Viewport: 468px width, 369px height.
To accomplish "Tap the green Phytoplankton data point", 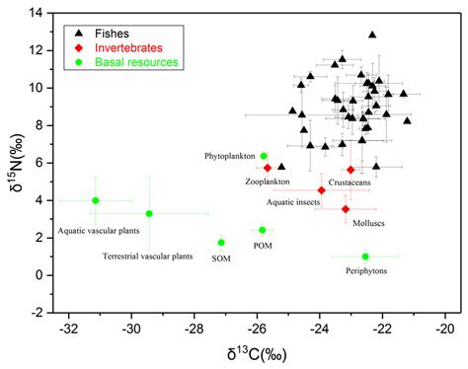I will [264, 156].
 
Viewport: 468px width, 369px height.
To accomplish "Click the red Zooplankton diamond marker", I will [268, 168].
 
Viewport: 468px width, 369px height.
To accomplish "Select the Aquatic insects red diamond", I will [321, 190].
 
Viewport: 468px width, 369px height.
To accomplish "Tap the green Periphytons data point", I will [365, 257].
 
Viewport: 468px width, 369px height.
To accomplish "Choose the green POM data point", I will [263, 230].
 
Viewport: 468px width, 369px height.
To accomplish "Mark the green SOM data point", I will [221, 243].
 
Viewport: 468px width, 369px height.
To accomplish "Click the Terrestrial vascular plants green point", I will [149, 213].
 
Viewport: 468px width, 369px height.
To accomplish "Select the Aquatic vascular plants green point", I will [95, 200].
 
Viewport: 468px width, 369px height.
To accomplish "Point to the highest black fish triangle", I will [372, 35].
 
